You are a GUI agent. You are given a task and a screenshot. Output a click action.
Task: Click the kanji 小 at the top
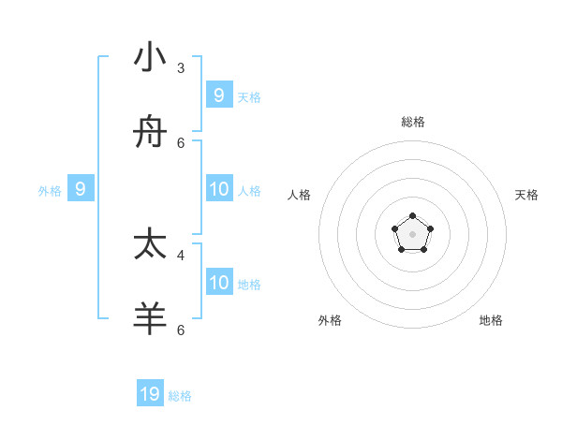click(150, 57)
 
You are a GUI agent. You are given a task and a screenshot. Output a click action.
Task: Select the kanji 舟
click(150, 134)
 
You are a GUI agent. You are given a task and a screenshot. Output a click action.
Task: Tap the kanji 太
click(150, 244)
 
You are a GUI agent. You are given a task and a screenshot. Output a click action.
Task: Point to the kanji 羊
click(150, 318)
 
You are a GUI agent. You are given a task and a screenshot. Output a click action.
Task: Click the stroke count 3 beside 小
click(181, 68)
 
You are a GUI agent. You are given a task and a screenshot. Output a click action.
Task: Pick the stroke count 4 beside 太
click(181, 255)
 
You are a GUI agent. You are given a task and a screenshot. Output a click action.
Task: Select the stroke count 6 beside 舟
click(181, 143)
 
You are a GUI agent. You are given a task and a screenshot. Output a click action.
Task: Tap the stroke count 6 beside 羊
click(181, 330)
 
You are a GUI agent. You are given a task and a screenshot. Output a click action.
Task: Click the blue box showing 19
click(150, 394)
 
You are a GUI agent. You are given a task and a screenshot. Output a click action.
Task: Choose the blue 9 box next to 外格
click(81, 189)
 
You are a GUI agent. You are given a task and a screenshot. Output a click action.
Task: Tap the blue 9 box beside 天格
click(218, 95)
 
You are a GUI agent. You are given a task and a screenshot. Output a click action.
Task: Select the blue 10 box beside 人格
click(219, 189)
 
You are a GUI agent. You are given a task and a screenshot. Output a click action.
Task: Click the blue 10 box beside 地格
click(219, 283)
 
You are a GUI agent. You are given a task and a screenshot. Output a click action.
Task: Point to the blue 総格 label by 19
click(180, 396)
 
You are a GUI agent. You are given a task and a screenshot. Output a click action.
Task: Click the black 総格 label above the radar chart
click(413, 122)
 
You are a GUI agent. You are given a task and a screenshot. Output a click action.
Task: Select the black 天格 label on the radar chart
click(526, 195)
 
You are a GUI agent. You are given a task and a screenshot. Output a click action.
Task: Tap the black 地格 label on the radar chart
click(491, 320)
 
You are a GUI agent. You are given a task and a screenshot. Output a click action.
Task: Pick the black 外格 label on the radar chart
click(330, 320)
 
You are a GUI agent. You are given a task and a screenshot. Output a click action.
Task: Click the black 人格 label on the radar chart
click(300, 195)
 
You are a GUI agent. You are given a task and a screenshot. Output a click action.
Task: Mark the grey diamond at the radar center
click(413, 233)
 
